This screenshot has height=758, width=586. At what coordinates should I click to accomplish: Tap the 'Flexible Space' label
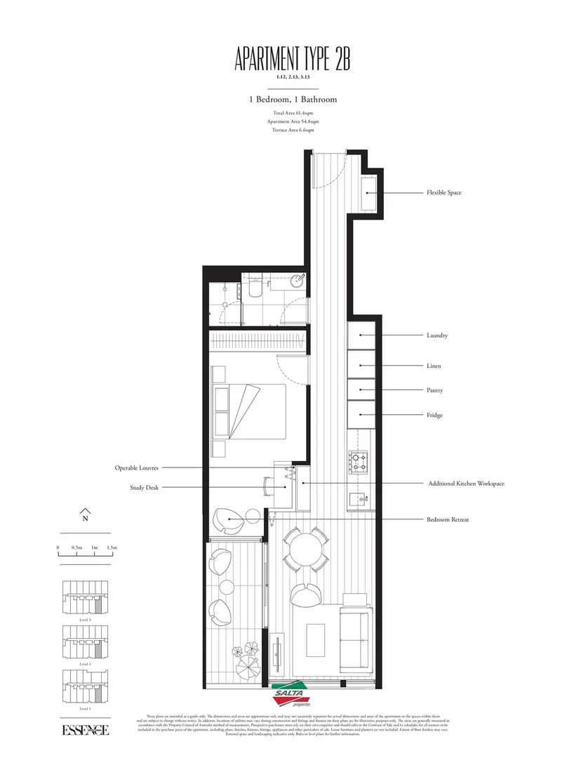click(444, 192)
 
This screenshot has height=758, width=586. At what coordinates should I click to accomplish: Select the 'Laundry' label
click(437, 335)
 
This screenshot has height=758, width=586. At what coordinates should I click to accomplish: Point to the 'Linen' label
click(434, 366)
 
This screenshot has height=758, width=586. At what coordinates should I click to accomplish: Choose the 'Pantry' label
click(434, 390)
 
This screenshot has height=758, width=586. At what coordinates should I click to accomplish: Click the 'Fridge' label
click(434, 415)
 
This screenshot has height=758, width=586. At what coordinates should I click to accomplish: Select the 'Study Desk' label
click(144, 487)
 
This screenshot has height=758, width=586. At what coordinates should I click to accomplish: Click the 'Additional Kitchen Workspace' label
click(465, 484)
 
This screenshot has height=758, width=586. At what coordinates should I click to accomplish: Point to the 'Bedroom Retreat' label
click(448, 519)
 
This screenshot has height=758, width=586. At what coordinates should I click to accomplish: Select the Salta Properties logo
click(291, 692)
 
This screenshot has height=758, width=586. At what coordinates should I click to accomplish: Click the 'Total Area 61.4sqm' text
click(293, 113)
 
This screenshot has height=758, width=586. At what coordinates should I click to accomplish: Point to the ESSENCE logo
click(85, 731)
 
